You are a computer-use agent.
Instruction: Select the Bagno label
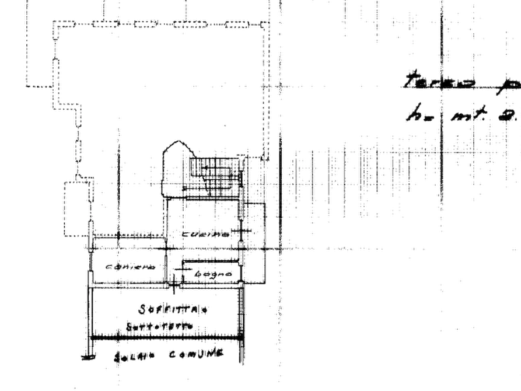[x=207, y=273]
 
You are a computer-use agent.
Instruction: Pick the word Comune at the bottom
[x=195, y=354]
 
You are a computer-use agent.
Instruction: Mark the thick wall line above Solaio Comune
[x=163, y=338]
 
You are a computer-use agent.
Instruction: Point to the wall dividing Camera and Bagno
[x=174, y=271]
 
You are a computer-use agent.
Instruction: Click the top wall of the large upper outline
[x=158, y=23]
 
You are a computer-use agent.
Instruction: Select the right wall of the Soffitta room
[x=240, y=312]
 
